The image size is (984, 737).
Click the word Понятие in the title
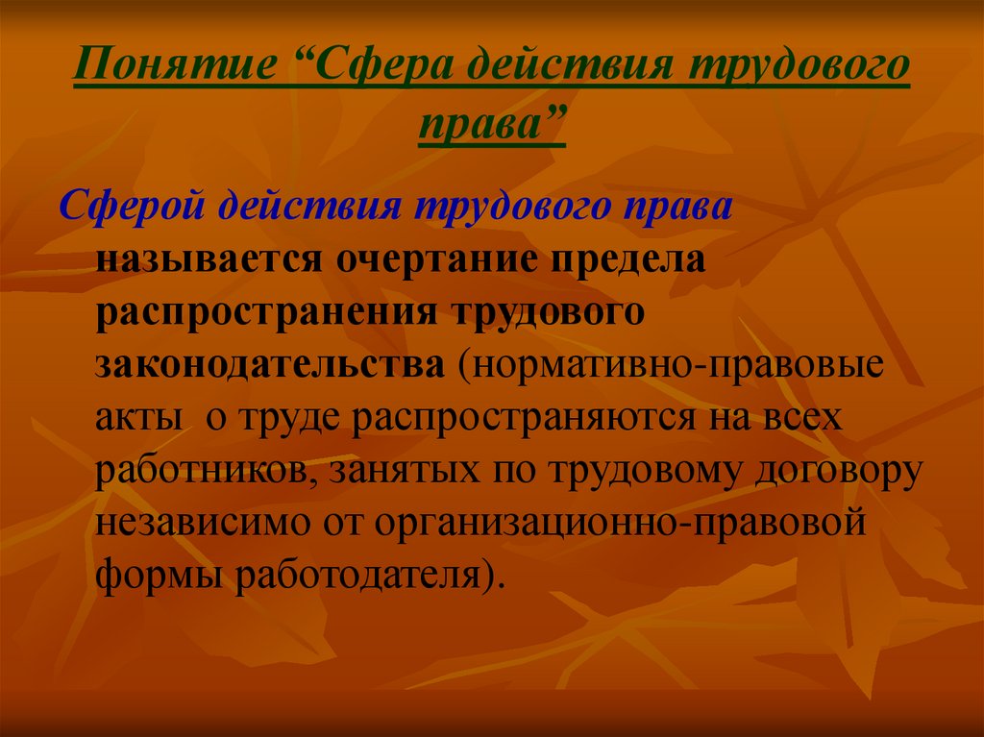176,64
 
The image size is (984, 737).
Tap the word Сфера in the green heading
382,64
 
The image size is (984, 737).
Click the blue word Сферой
132,206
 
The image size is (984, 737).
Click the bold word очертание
437,258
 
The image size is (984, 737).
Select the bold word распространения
266,311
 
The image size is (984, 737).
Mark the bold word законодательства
270,365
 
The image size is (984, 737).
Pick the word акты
139,417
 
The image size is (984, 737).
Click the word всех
802,417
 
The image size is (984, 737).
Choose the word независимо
203,523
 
